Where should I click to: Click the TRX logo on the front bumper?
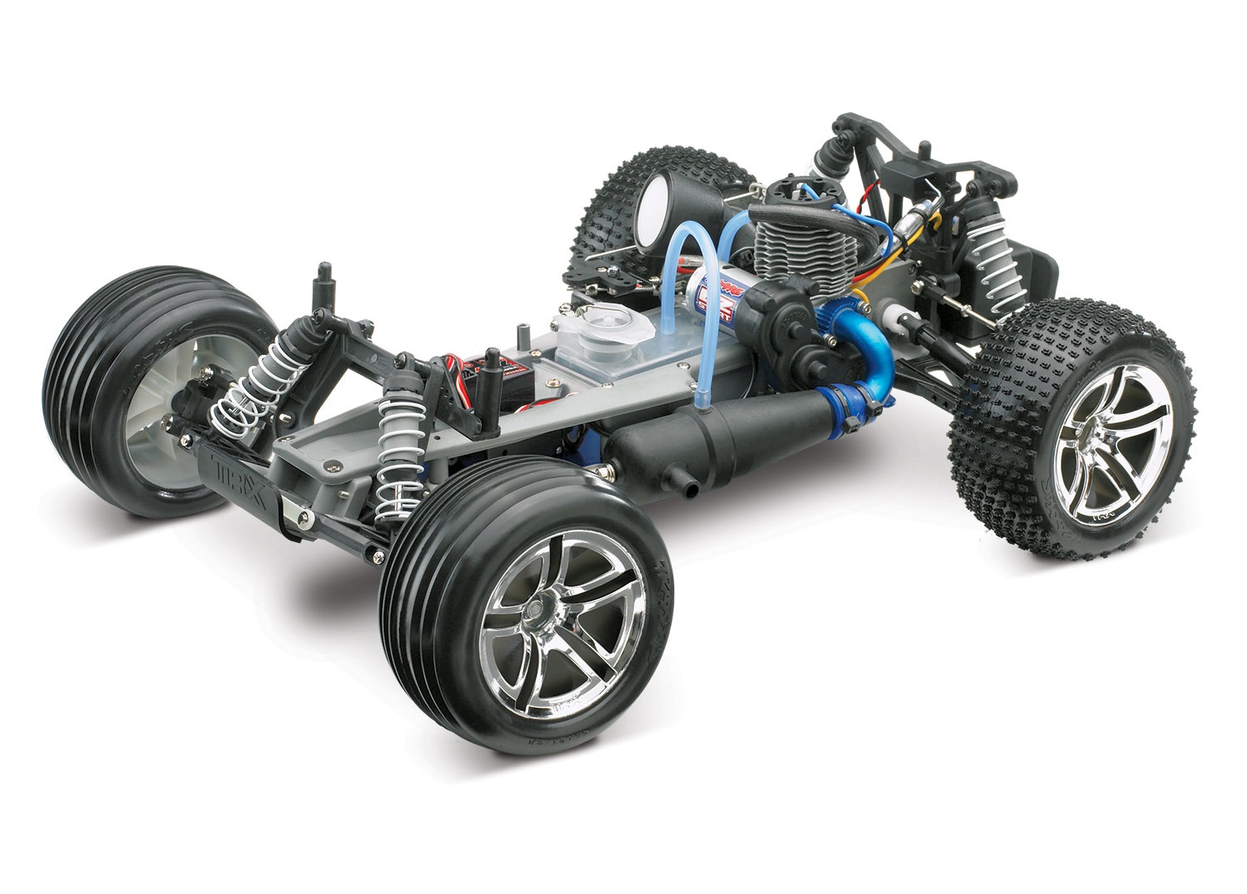coord(235,467)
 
